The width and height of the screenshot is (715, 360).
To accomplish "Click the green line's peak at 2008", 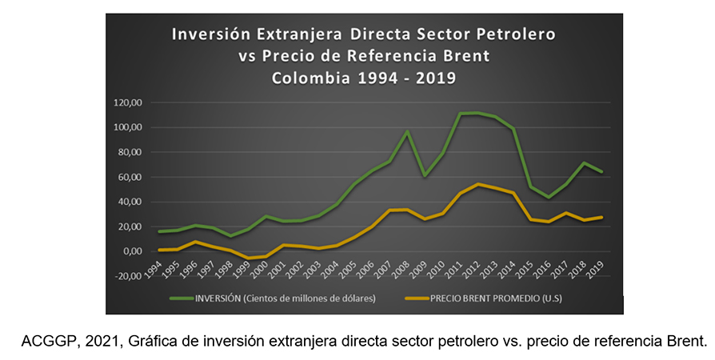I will tap(406, 131).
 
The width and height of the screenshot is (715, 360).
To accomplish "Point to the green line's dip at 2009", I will tap(425, 176).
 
